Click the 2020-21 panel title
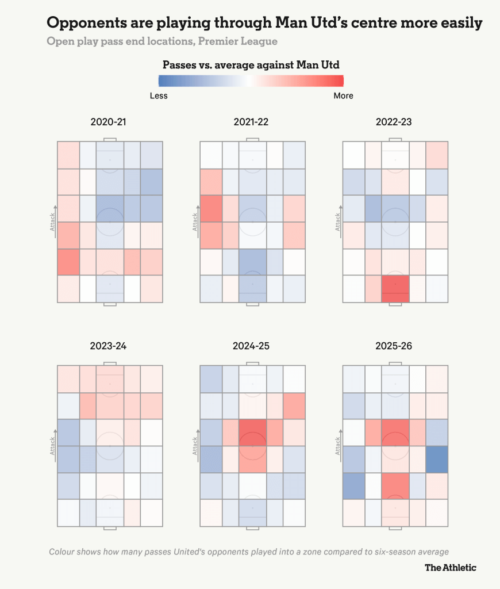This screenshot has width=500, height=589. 109,122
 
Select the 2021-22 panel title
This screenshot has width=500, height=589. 251,122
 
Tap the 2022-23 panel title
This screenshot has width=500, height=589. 394,122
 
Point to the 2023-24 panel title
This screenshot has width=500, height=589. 109,346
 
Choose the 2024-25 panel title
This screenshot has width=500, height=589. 251,346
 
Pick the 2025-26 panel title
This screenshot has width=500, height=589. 394,346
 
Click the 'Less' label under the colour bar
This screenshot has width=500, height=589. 159,95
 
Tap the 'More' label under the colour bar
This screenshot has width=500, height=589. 343,95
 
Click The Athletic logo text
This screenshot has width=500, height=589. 450,568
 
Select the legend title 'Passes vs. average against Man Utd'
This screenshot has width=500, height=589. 251,64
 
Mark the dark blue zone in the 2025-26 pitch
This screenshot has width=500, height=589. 437,459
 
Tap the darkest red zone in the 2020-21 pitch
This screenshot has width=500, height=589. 68,262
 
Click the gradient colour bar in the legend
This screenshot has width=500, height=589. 251,81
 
